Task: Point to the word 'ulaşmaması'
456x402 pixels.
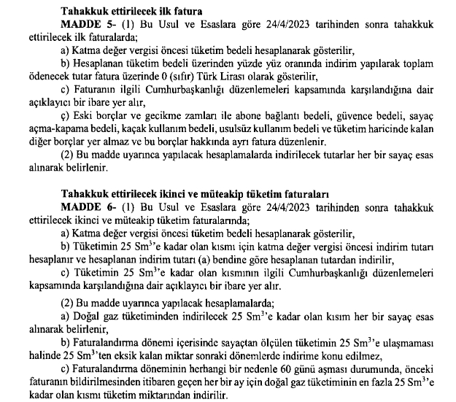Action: pos(411,342)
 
